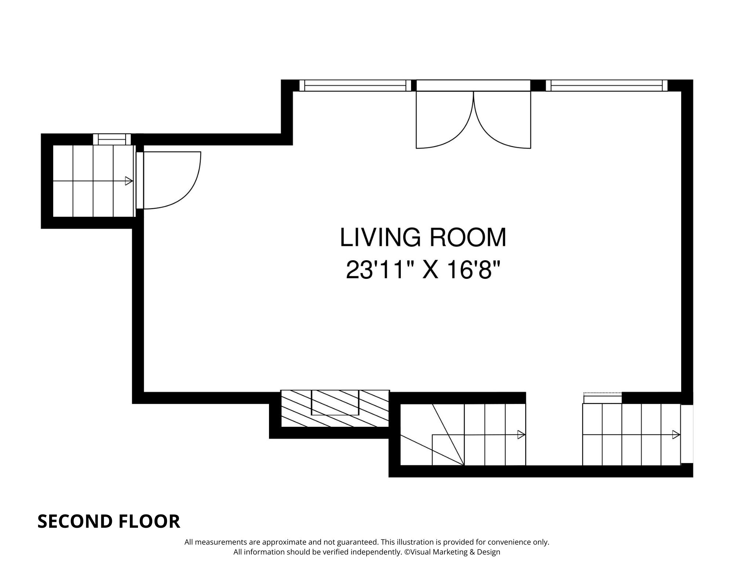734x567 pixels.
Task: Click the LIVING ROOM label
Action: click(x=423, y=237)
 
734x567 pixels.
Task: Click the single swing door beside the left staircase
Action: click(x=169, y=180)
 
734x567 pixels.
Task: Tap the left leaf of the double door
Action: click(x=445, y=120)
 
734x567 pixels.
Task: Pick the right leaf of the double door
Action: click(x=502, y=120)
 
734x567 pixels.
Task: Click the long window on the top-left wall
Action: click(x=355, y=86)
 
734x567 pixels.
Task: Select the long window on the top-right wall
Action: click(x=607, y=86)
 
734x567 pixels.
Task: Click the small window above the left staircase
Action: click(x=112, y=139)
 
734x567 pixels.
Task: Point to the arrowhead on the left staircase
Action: click(x=129, y=181)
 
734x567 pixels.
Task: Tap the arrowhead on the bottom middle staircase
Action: click(x=522, y=435)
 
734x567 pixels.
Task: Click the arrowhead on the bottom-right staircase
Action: click(x=676, y=435)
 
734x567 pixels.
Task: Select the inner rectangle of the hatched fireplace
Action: click(x=335, y=403)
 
